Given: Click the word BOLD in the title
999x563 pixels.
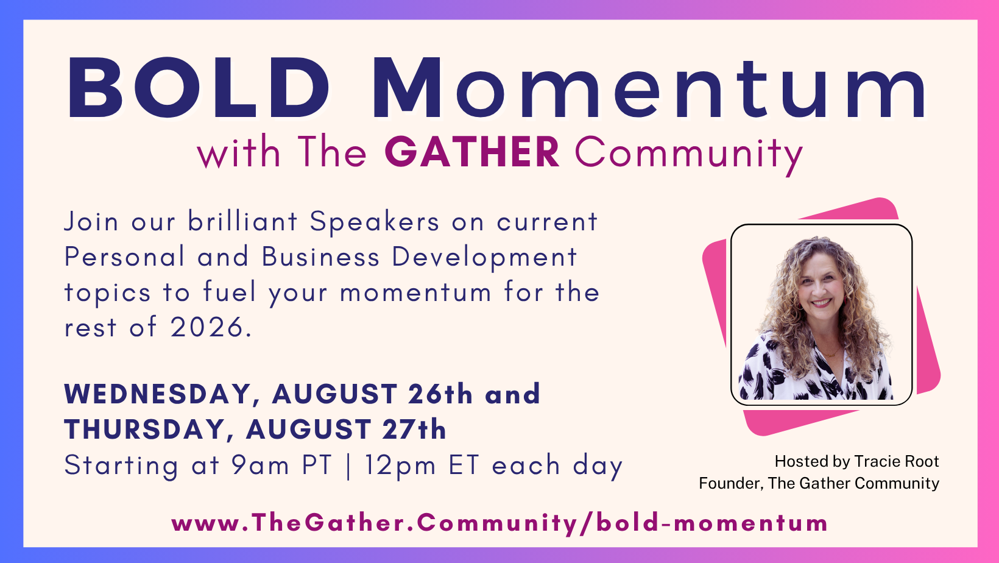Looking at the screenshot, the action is point(199,88).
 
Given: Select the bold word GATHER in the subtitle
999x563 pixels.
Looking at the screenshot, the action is point(472,152).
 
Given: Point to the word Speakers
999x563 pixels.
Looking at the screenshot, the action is point(375,222).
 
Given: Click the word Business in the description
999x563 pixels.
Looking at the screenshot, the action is point(320,257).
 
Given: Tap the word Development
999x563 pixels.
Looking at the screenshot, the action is point(484,258).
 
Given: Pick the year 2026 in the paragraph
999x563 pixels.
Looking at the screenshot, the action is point(207,327).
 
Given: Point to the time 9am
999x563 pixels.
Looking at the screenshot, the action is point(261,466).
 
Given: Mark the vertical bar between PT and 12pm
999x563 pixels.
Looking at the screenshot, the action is point(348,467).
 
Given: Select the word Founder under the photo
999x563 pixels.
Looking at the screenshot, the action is point(730,484).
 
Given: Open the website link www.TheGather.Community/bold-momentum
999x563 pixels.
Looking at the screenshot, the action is point(499,523).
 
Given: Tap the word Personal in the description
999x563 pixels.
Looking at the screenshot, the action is point(124,257).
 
